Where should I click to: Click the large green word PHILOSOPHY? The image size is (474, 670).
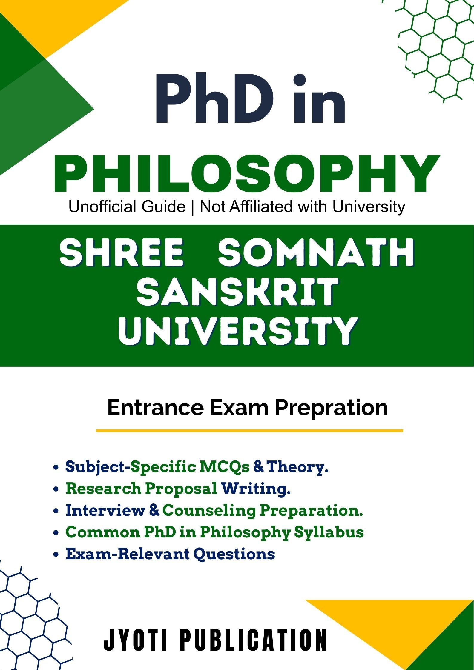coord(247,173)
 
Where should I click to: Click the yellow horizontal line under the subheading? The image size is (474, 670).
coord(249,431)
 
